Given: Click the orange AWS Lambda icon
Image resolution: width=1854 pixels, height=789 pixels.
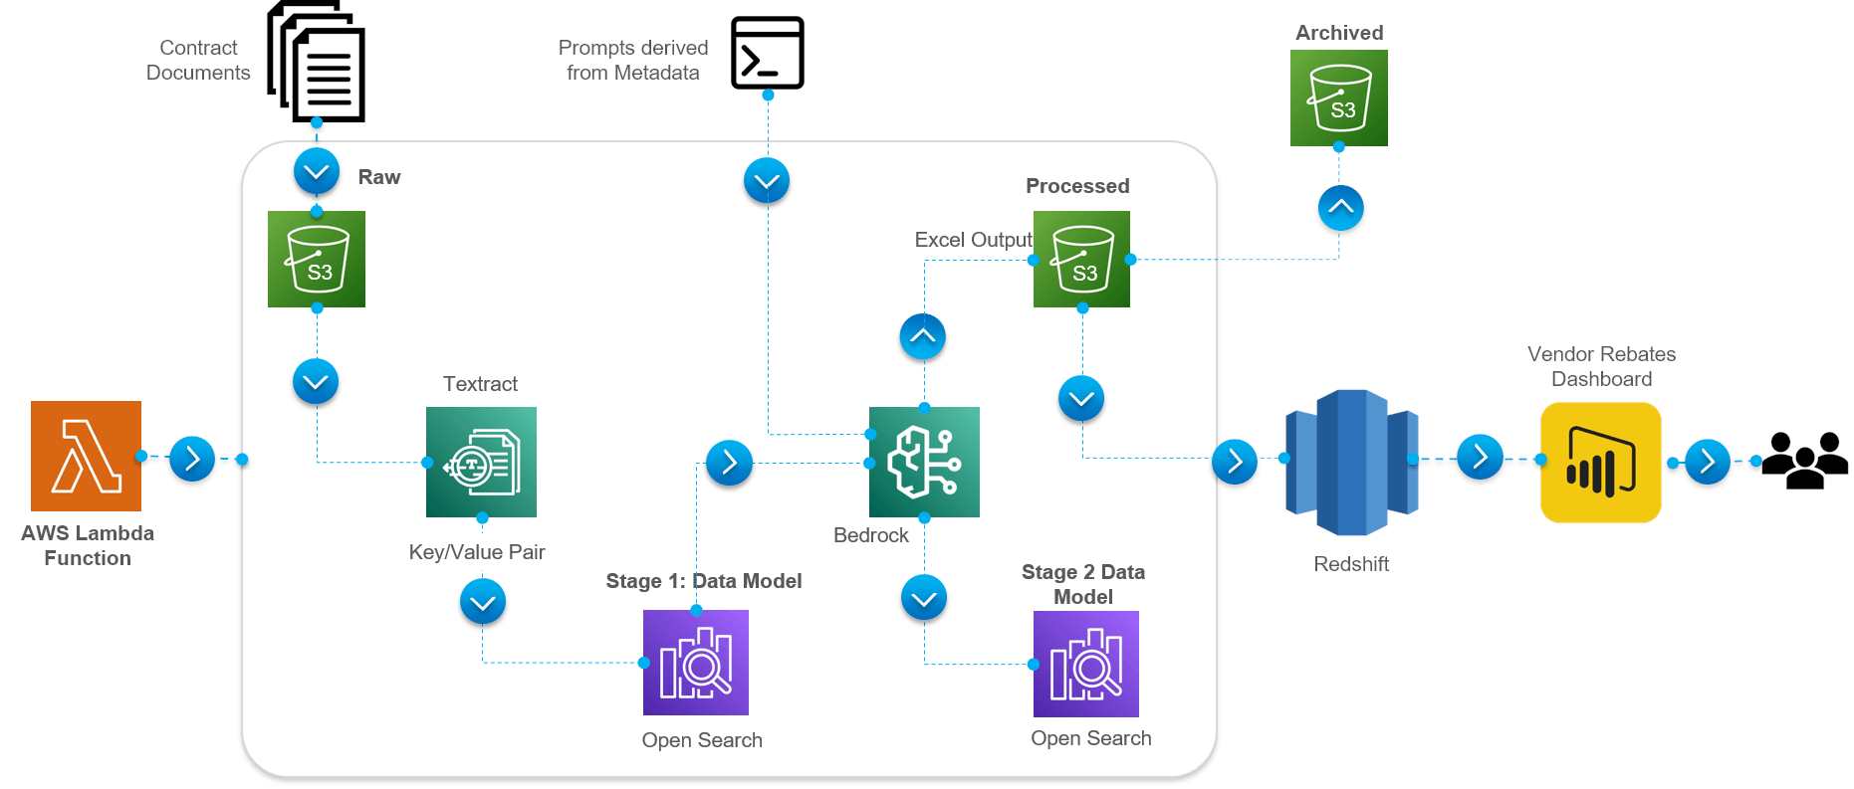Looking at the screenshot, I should (86, 456).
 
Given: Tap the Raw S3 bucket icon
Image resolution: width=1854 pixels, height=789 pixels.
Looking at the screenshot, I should (317, 259).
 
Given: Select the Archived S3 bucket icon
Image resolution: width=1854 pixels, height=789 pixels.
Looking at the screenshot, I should (1338, 99).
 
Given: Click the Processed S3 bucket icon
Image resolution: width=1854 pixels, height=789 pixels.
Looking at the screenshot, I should (1081, 259).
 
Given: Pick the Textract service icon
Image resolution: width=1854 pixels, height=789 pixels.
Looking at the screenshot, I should (481, 462).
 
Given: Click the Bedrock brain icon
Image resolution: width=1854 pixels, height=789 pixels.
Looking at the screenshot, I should (924, 462).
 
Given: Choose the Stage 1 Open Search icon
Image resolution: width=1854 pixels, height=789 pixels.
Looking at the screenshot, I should (696, 663).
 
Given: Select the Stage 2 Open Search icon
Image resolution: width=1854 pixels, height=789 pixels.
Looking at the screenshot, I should (1086, 664).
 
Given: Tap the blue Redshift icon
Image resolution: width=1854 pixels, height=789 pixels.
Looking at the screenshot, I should (1351, 463).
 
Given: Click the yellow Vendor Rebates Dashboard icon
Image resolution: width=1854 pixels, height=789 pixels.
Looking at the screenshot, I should (1600, 463).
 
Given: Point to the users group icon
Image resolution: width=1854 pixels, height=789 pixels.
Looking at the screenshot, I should (1804, 461).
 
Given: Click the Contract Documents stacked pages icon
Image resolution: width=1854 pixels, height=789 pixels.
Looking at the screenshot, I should (317, 62).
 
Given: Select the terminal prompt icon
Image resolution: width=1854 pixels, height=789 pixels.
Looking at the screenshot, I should (768, 53).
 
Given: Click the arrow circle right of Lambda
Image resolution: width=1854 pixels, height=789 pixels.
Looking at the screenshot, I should (192, 459).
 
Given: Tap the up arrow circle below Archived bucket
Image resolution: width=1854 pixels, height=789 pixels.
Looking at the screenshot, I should (1340, 208).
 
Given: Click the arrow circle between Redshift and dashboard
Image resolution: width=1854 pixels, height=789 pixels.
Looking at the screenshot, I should (1480, 457).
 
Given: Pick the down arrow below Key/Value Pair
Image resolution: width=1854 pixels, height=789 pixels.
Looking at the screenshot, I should (483, 602).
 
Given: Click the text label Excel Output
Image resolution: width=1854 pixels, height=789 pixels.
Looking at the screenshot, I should (973, 240).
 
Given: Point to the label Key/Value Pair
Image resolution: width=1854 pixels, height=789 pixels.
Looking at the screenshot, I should (477, 552).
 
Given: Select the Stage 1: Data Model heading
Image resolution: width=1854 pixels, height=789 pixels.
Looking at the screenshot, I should (704, 581).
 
